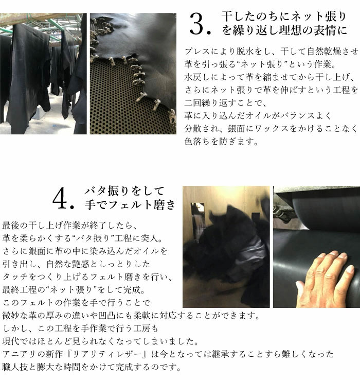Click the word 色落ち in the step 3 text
click(197, 142)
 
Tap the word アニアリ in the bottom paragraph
click(20, 354)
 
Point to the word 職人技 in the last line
click(15, 367)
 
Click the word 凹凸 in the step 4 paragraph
click(107, 316)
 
